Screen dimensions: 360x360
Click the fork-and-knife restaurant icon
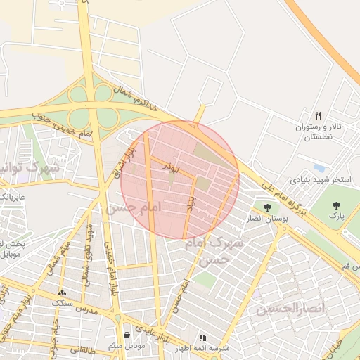click(319, 115)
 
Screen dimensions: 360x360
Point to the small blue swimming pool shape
click(320, 168)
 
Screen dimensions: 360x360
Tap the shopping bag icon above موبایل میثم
click(127, 335)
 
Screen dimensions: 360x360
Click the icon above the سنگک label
click(63, 292)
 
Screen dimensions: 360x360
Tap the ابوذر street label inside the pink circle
click(172, 167)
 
